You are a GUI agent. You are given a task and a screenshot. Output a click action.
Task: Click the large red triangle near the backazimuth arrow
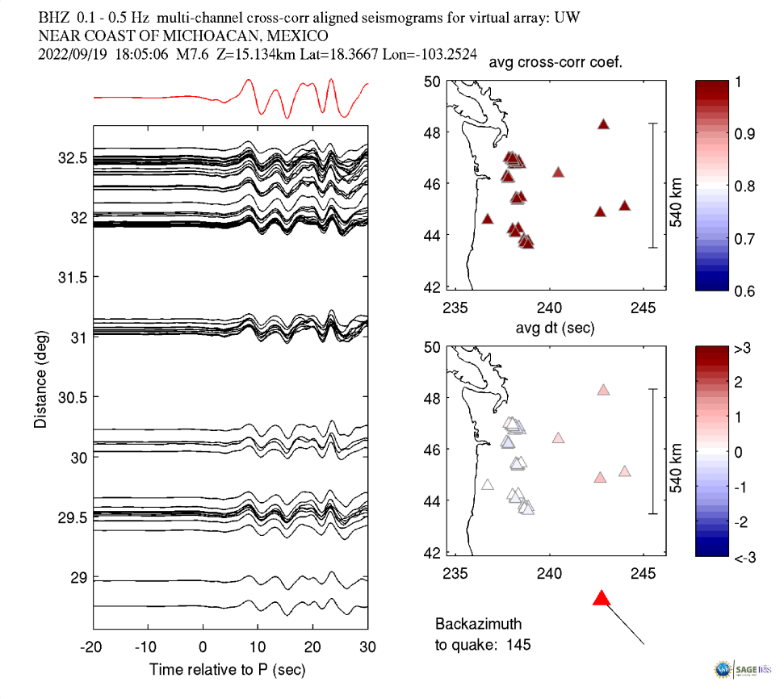601,598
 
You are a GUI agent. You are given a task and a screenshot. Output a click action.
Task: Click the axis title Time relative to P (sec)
227,670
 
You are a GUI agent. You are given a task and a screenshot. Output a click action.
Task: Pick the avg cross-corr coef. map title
554,64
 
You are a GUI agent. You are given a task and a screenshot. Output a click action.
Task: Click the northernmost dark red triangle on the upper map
603,124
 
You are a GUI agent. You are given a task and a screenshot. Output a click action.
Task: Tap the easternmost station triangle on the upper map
624,206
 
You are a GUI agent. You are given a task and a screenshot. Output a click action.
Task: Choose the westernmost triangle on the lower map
488,484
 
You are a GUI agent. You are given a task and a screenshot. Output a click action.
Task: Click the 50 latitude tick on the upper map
431,81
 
